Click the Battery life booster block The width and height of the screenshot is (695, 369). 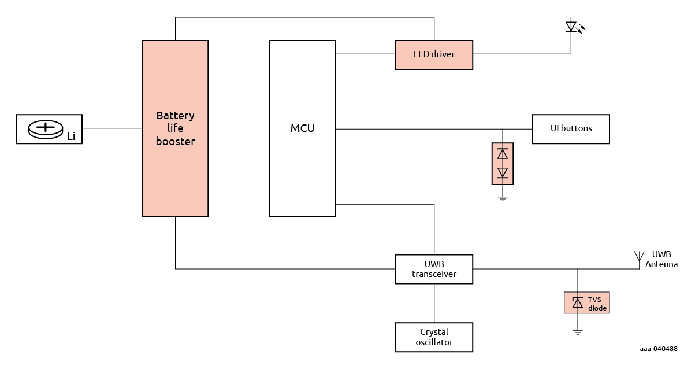pos(175,174)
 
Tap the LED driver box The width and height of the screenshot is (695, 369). pos(434,55)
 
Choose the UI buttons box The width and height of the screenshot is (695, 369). pos(570,128)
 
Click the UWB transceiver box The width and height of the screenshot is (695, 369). pos(434,269)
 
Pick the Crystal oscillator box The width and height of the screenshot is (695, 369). pos(434,337)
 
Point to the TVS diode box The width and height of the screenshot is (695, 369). pos(586,303)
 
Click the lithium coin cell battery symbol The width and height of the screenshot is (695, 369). pos(45,128)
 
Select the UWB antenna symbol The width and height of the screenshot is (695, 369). pos(639,257)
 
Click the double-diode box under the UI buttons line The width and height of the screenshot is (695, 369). pos(502,163)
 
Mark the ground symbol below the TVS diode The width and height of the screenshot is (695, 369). pos(577,332)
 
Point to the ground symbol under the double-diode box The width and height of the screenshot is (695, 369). pos(502,198)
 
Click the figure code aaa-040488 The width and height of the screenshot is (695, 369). pos(658,349)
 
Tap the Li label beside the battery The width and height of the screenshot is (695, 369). pos(71,137)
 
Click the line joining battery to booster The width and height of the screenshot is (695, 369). pos(112,128)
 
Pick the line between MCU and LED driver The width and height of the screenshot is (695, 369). pos(365,54)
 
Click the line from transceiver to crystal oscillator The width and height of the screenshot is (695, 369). pos(434,303)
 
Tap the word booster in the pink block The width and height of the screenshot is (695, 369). pos(175,141)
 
